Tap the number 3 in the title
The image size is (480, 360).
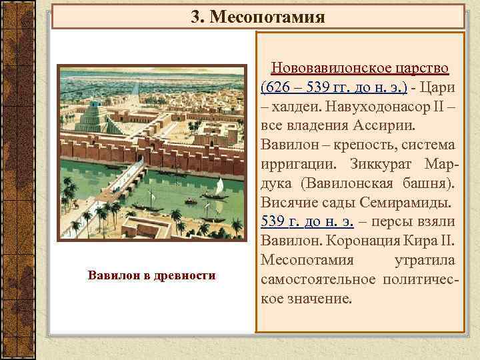click(195, 17)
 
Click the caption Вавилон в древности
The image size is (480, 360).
click(151, 275)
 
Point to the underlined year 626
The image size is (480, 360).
click(281, 88)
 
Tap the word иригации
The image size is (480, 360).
click(301, 163)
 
